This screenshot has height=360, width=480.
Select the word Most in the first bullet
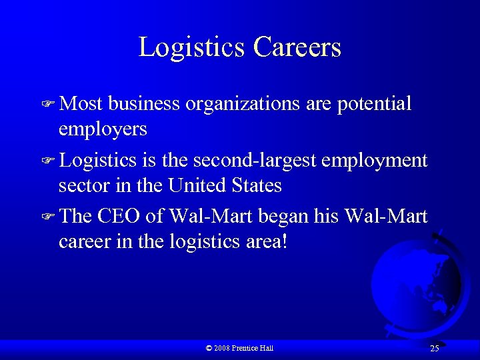pyautogui.click(x=79, y=104)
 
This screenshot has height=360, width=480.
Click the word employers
pyautogui.click(x=103, y=129)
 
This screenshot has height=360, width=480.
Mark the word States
pyautogui.click(x=257, y=185)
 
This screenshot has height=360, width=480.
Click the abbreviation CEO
pyautogui.click(x=121, y=217)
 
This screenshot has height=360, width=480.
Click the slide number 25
pyautogui.click(x=435, y=349)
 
